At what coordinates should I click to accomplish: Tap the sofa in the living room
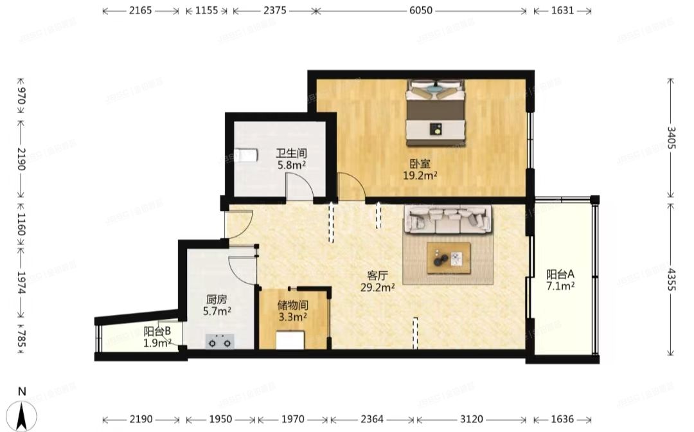pos(447,220)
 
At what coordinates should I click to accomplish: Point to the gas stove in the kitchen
pos(220,342)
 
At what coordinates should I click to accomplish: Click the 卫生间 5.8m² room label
pos(291,159)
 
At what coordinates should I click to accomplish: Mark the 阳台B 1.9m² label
pos(157,337)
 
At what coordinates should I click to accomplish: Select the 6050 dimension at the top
pos(421,10)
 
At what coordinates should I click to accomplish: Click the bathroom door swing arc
pos(300,186)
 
